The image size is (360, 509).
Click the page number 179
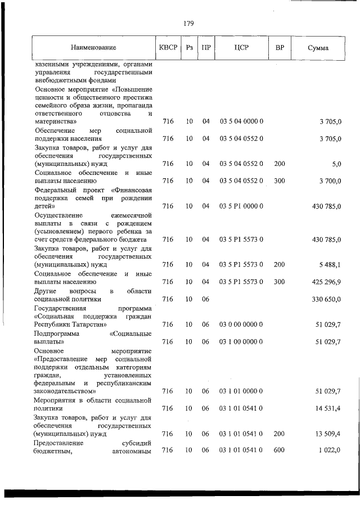[188, 24]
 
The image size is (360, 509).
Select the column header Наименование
[93, 48]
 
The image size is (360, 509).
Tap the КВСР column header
[168, 48]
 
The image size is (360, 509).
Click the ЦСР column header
[241, 48]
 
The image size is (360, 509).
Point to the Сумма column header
[318, 48]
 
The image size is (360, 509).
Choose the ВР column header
[280, 48]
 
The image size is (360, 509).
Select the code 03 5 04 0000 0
[241, 121]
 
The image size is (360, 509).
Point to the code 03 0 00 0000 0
[241, 325]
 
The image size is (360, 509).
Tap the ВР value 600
[280, 451]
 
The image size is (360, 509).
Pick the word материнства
[55, 121]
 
